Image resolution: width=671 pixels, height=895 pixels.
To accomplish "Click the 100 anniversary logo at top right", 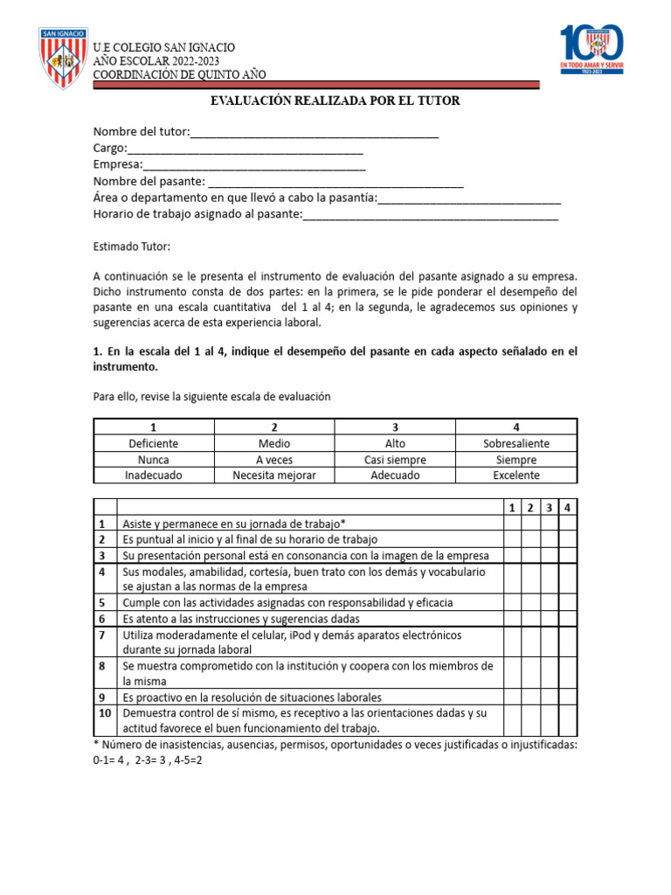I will click(x=591, y=50).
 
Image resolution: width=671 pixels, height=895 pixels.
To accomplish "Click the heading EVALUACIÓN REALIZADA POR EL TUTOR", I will click(x=335, y=101).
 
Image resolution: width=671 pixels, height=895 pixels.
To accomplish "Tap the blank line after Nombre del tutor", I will click(x=314, y=132).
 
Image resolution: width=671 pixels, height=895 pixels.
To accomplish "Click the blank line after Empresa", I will click(x=254, y=164).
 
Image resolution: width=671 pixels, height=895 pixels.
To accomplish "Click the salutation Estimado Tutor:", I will click(x=132, y=247).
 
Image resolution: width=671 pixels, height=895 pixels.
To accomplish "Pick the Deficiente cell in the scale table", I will click(x=154, y=443).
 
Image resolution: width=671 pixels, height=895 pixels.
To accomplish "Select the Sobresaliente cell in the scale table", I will click(x=516, y=443).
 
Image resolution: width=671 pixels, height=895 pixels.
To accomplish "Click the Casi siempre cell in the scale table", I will click(x=395, y=460).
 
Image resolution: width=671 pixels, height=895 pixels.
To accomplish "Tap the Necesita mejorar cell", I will click(x=274, y=475).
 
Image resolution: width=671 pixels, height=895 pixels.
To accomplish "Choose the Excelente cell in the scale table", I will click(x=516, y=475).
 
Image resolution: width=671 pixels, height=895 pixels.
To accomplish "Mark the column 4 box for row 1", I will click(x=568, y=524).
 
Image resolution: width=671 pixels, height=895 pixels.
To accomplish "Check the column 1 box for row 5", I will click(x=512, y=603).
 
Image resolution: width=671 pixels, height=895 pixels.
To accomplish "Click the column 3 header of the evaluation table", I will click(x=550, y=507).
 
